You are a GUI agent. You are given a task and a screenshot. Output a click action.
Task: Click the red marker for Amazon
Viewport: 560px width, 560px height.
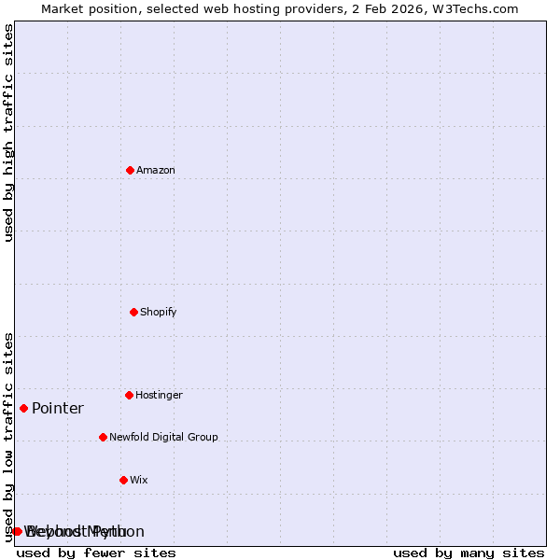[x=130, y=170]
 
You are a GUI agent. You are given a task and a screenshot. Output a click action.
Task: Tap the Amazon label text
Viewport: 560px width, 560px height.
[x=156, y=170]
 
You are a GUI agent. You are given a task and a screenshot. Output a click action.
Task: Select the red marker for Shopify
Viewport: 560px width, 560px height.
[x=133, y=312]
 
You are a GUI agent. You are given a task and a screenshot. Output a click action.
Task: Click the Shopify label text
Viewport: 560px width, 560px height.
[x=159, y=312]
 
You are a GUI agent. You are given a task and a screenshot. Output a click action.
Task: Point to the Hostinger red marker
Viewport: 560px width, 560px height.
[x=129, y=395]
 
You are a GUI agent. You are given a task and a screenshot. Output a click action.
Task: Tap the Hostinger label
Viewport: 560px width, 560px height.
[x=160, y=395]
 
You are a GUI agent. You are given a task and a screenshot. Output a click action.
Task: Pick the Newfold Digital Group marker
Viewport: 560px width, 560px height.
[x=103, y=437]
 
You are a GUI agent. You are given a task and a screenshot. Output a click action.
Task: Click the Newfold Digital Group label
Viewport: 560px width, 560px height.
[x=163, y=437]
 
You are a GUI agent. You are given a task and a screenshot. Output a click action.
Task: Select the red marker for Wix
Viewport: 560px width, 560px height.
[x=123, y=480]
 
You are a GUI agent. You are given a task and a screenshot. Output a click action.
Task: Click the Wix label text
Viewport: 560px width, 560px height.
[x=139, y=480]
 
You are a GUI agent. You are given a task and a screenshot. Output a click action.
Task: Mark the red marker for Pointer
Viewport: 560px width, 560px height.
[x=23, y=408]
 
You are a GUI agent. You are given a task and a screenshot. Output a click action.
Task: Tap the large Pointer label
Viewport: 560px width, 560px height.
[x=58, y=408]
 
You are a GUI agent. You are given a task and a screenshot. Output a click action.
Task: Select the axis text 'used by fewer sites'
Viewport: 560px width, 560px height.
[x=96, y=553]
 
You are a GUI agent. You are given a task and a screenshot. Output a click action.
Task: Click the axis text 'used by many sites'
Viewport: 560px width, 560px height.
[x=469, y=553]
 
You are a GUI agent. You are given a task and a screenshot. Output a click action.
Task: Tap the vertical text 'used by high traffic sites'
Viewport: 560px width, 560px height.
[x=8, y=133]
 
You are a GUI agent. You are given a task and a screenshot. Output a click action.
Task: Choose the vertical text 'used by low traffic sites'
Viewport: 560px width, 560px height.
[x=8, y=436]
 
